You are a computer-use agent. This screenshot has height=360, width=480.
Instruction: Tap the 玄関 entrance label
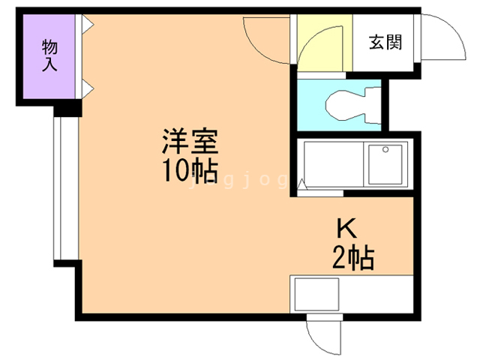tap(385, 42)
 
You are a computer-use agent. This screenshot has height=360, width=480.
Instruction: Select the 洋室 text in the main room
tap(190, 142)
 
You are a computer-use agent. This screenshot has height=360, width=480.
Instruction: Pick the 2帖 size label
tap(352, 259)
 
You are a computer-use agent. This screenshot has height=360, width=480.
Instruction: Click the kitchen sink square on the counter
tap(316, 295)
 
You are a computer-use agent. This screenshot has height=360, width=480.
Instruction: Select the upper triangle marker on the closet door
tap(87, 25)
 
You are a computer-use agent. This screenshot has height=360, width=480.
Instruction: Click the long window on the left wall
tap(64, 187)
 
